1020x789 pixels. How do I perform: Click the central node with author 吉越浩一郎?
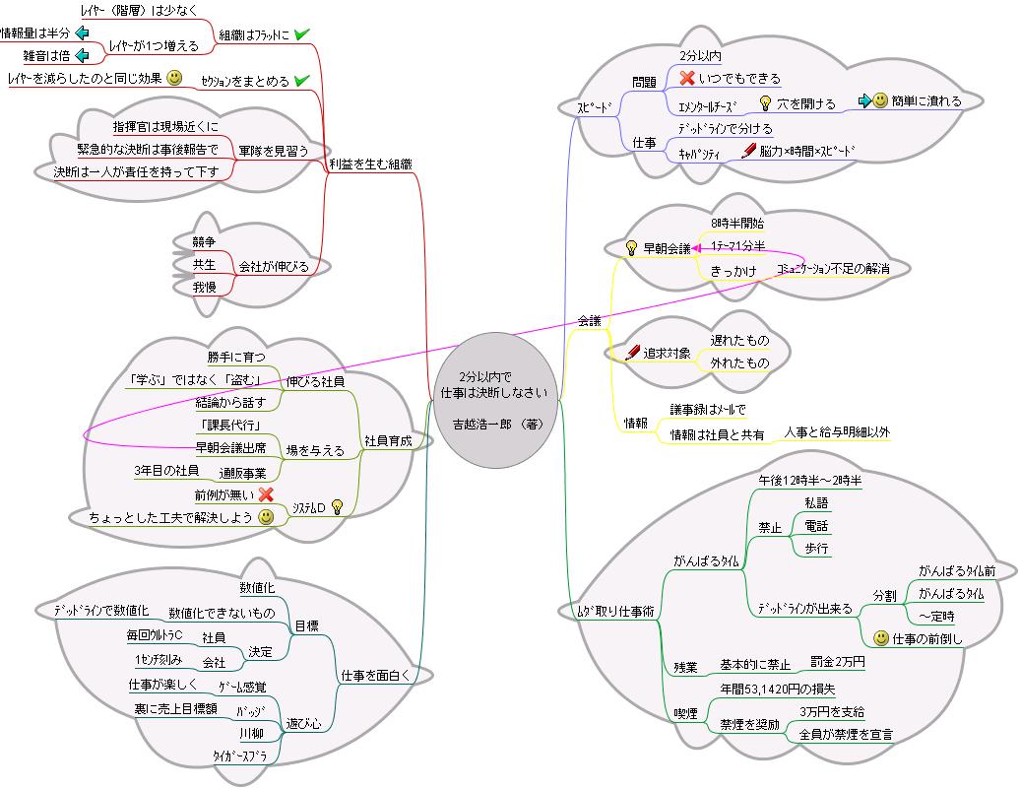coord(500,400)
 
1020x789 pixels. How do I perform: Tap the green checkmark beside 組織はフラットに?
coord(302,34)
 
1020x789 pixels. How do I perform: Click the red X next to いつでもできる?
coord(687,78)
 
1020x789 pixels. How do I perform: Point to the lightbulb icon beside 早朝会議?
coord(631,248)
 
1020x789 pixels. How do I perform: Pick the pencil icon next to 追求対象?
coord(633,352)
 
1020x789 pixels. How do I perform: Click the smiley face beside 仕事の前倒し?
coord(881,638)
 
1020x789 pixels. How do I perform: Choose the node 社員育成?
coord(387,441)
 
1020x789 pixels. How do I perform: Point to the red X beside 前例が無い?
coord(266,494)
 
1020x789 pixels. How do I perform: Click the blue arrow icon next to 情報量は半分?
coord(82,33)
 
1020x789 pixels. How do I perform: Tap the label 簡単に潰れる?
coord(925,100)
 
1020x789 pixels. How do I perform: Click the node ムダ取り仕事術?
coord(613,611)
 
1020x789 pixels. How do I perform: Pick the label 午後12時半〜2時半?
coord(809,480)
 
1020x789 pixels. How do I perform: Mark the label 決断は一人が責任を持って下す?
coord(136,171)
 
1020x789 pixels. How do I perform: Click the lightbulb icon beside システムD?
coord(337,506)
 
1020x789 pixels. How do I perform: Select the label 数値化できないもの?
coord(222,613)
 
